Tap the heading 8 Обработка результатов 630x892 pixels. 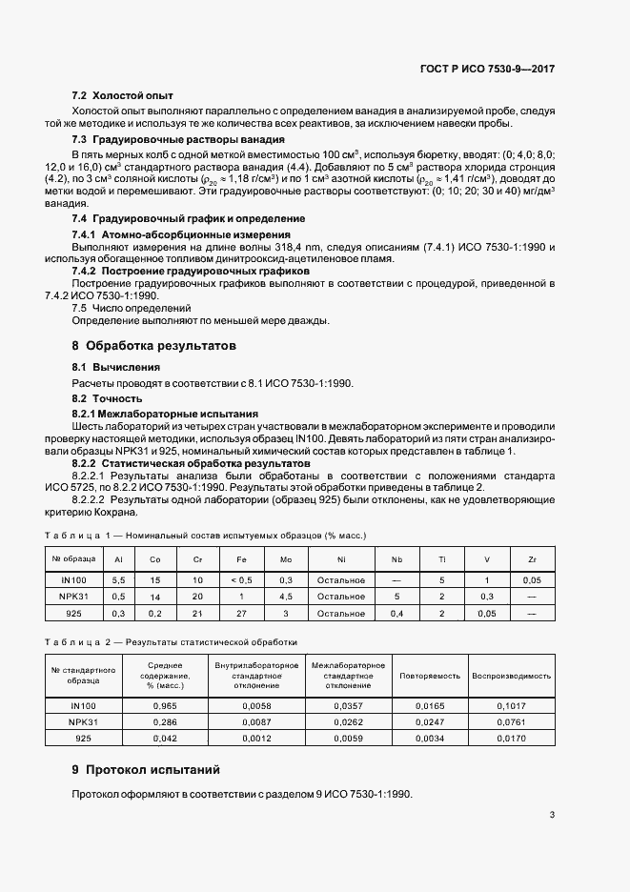(153, 345)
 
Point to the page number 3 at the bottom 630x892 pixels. (553, 814)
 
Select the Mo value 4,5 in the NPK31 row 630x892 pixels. (288, 596)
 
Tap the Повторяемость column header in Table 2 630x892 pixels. (430, 675)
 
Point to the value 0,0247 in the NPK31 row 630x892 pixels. (430, 721)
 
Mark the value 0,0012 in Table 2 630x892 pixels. (257, 738)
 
